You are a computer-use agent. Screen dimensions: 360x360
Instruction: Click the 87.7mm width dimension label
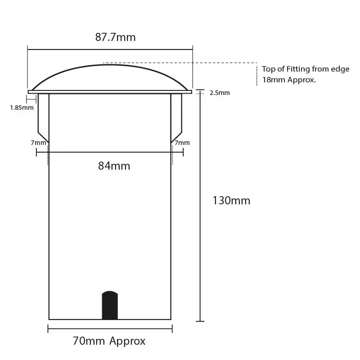115,37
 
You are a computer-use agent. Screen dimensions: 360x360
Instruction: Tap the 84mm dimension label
114,166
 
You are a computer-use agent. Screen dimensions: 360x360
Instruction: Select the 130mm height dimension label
231,201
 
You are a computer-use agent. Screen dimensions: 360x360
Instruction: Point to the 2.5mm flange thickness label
220,93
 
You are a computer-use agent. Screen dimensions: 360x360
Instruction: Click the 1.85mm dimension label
22,108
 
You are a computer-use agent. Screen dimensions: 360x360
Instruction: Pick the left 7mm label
38,143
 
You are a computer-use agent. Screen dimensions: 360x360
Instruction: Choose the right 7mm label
182,143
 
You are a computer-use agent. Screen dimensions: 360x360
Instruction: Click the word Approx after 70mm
127,341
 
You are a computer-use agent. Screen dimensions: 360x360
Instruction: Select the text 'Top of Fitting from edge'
306,69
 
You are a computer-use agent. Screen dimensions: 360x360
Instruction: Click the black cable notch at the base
110,306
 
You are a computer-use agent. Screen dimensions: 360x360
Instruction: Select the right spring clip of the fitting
176,116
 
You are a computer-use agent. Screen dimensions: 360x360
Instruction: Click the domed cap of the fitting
110,76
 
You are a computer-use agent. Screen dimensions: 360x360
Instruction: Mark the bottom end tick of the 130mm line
200,321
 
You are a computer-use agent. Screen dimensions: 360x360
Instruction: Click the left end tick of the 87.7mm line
27,49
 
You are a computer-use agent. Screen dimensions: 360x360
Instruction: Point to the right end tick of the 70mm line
172,329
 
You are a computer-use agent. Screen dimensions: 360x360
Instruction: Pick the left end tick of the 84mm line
36,152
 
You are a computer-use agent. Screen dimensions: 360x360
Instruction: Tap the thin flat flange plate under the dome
110,92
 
